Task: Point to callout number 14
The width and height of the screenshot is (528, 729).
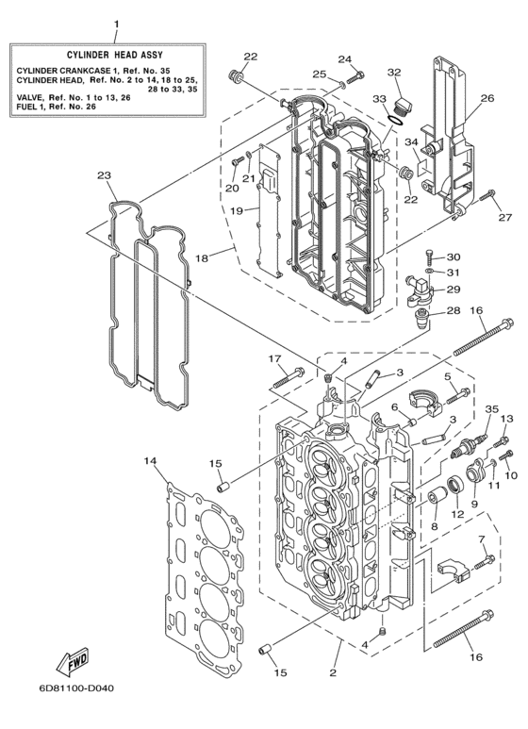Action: pos(150,460)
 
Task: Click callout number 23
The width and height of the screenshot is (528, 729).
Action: pos(104,174)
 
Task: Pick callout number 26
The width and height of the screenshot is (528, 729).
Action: pos(487,98)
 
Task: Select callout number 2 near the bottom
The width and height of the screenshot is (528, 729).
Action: pos(332,671)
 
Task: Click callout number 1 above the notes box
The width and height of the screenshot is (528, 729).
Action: pos(116,23)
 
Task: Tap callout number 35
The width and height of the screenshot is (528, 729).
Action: pos(491,409)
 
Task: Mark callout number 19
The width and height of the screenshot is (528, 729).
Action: pos(239,209)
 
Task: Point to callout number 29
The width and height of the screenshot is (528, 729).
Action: pos(454,290)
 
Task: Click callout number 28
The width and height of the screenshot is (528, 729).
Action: pos(453,311)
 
